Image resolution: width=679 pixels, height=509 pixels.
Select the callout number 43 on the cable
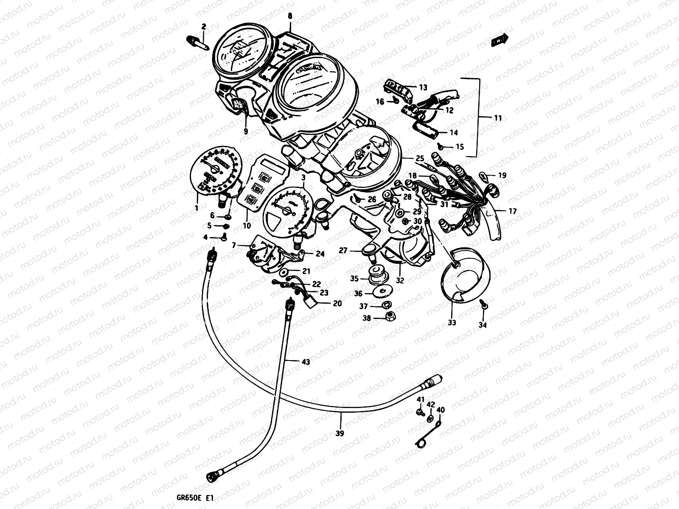pos(305,362)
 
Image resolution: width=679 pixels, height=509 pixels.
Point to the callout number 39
pos(339,433)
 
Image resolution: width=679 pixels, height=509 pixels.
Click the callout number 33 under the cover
pos(452,322)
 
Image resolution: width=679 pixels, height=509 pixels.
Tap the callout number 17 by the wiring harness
pos(512,211)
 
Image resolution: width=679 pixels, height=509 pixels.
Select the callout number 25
pos(420,158)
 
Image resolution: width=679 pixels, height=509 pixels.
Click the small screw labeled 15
pos(441,146)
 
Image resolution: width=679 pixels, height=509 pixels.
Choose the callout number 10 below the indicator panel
pos(247,226)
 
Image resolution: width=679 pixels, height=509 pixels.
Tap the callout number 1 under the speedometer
pos(196,208)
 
